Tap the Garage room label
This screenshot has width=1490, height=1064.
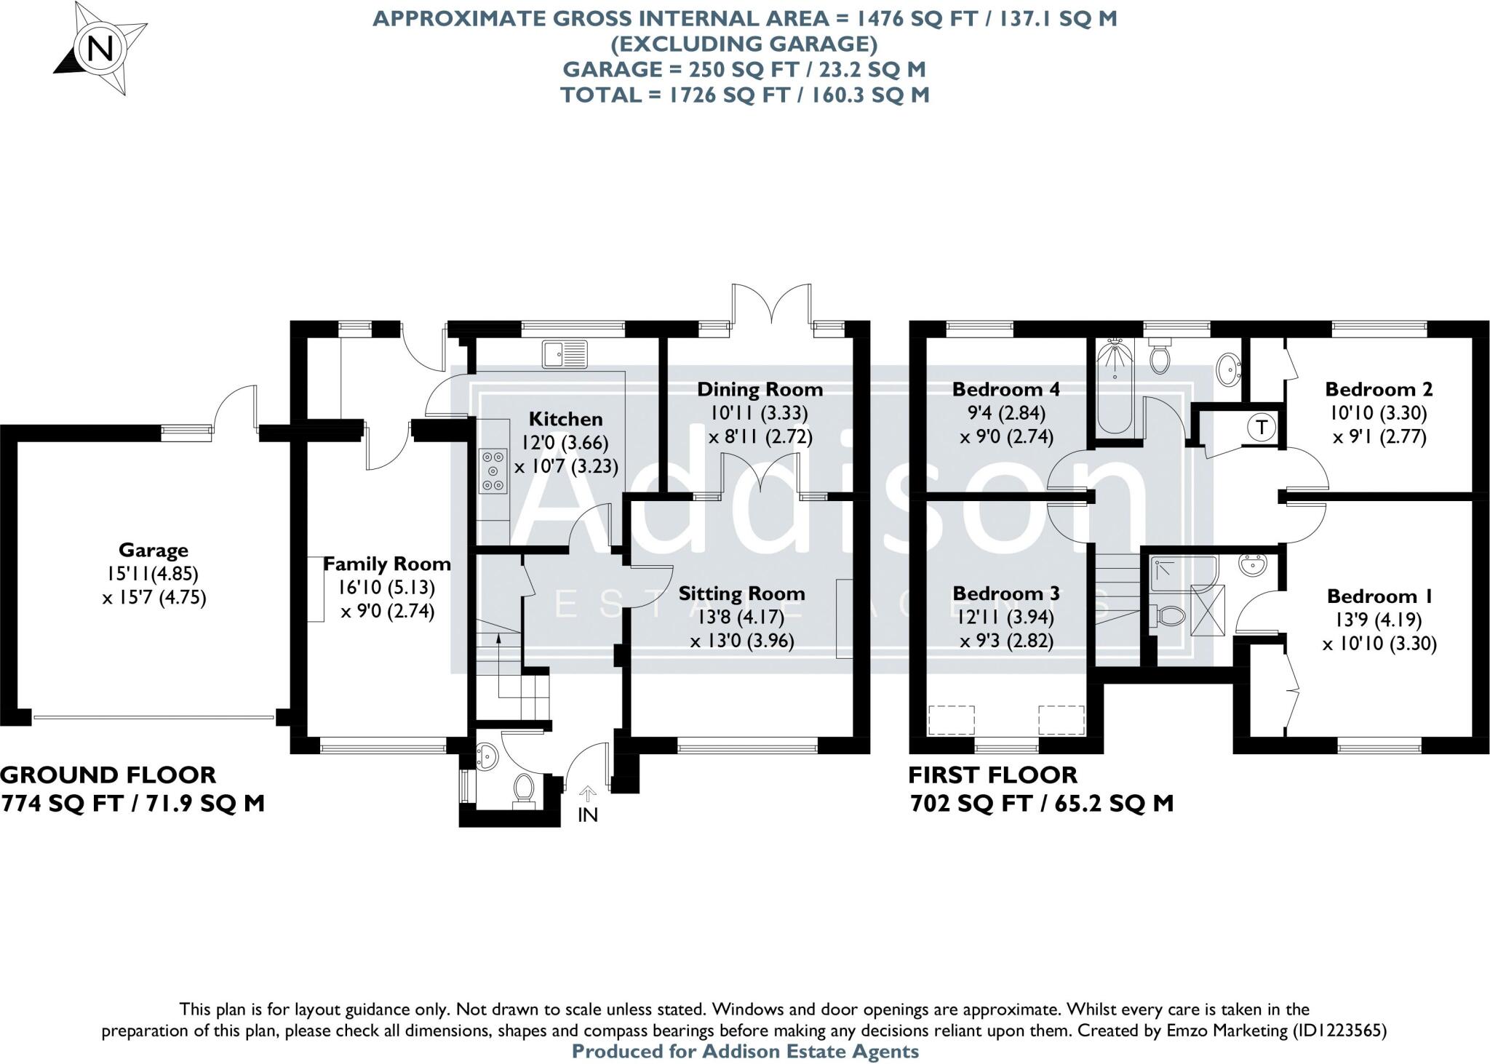pyautogui.click(x=153, y=550)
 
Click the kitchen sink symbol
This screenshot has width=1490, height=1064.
pyautogui.click(x=565, y=354)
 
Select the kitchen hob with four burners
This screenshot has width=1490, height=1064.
pyautogui.click(x=493, y=471)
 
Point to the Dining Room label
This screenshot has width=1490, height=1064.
pyautogui.click(x=760, y=389)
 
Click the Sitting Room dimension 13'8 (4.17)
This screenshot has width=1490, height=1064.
pyautogui.click(x=741, y=617)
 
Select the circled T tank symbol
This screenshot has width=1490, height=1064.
pyautogui.click(x=1261, y=427)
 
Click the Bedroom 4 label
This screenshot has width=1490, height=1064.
pyautogui.click(x=1005, y=389)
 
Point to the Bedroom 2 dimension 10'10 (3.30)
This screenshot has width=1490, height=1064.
pyautogui.click(x=1378, y=413)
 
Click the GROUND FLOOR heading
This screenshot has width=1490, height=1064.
pyautogui.click(x=108, y=775)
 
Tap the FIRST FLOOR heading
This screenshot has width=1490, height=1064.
pyautogui.click(x=992, y=775)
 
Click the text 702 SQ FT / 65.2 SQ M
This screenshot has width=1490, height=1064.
pyautogui.click(x=1041, y=803)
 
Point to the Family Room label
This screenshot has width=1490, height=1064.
pyautogui.click(x=386, y=564)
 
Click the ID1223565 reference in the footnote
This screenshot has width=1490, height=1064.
pyautogui.click(x=1338, y=1030)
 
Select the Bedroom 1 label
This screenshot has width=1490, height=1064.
pyautogui.click(x=1379, y=596)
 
